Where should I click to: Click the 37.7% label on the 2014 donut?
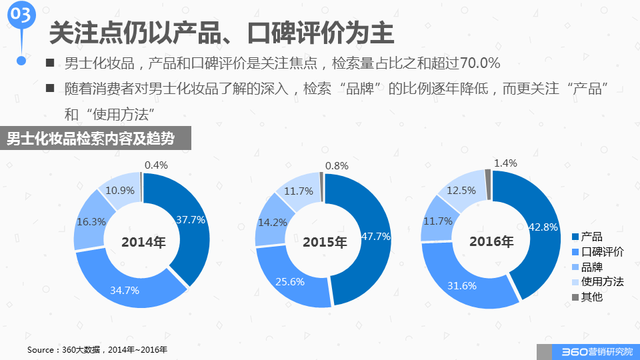[191, 219]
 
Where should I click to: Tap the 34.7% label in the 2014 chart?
[125, 290]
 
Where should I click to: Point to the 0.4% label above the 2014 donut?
[156, 165]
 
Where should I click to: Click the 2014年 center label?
[143, 243]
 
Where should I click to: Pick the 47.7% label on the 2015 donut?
[375, 236]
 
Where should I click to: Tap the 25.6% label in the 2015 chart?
[289, 281]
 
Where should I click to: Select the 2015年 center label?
[325, 243]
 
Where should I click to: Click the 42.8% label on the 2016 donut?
[543, 227]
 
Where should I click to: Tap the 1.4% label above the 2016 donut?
[505, 163]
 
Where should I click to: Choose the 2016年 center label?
[491, 241]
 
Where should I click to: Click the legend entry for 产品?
[587, 237]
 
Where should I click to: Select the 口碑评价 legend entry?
[597, 252]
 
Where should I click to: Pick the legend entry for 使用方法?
[597, 281]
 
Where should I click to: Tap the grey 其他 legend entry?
[587, 297]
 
